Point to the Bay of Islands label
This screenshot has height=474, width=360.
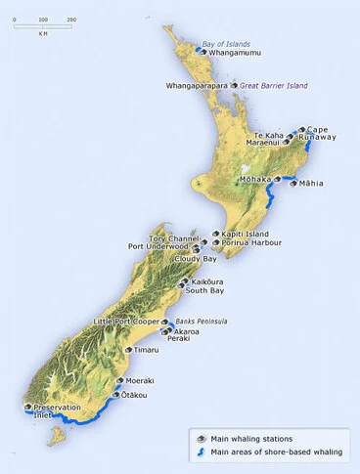click(x=226, y=44)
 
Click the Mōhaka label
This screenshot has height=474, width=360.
click(x=253, y=180)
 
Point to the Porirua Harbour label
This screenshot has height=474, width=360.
click(x=253, y=243)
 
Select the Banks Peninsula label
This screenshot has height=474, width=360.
click(x=202, y=321)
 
